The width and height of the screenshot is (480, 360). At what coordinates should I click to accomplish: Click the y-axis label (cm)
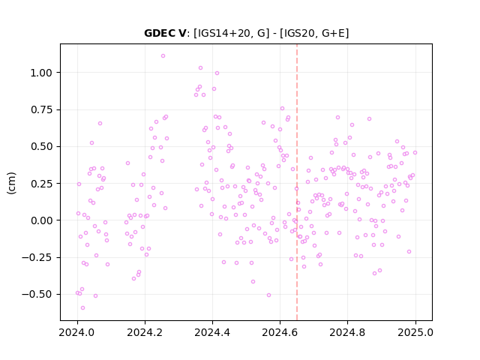coord(11,183)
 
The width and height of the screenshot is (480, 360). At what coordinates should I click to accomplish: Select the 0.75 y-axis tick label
coord(41,109)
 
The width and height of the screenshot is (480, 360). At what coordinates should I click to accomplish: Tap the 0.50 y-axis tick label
coord(41,147)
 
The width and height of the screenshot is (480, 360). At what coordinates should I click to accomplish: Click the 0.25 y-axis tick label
coord(41,184)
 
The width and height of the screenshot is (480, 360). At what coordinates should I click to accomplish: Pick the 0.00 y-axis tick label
coord(41,220)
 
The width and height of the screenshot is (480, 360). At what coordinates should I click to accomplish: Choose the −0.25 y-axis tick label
coord(37,257)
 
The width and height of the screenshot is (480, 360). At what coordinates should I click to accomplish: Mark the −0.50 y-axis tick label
coord(37,295)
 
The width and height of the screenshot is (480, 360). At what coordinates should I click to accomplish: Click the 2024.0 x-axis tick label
coord(77,332)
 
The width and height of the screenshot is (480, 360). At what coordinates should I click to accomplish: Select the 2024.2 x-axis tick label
coord(145,332)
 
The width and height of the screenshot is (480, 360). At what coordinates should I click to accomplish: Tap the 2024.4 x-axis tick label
coord(212,332)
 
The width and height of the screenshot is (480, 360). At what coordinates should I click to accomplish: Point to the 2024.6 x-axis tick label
coord(280,332)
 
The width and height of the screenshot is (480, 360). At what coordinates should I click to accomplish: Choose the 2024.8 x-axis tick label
coord(347,332)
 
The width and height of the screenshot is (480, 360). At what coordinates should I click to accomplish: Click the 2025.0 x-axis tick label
coord(415,332)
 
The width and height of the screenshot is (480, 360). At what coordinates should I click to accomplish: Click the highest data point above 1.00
coord(163,56)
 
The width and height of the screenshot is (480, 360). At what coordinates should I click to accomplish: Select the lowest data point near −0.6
coord(82,308)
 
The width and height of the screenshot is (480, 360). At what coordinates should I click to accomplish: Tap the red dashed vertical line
coord(297,182)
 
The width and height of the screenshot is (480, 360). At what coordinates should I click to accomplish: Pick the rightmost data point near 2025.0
coord(415,153)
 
